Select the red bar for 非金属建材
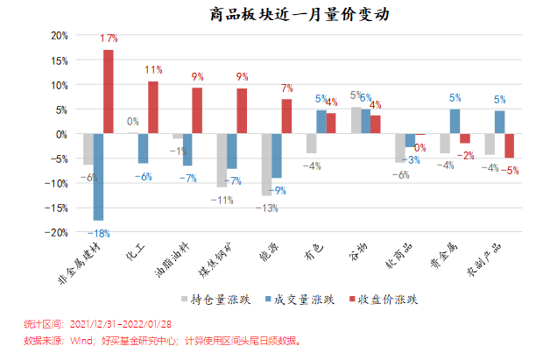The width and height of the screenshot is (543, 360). coord(109,92)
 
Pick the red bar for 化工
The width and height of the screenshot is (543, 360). coord(153,108)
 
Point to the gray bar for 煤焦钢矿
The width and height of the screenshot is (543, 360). coord(222,160)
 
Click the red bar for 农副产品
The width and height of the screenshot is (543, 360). coord(509,146)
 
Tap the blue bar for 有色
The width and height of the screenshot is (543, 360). coord(321,123)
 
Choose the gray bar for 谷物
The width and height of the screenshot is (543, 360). coord(356,121)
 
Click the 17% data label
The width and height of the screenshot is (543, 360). coord(109,39)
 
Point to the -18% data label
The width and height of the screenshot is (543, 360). coord(97,232)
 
